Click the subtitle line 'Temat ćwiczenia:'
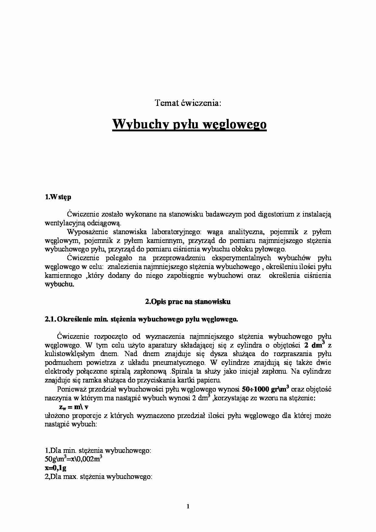tap(188, 103)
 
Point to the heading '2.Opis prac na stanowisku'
tap(188, 302)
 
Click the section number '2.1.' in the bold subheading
tap(50, 319)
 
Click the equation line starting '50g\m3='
tap(73, 459)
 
